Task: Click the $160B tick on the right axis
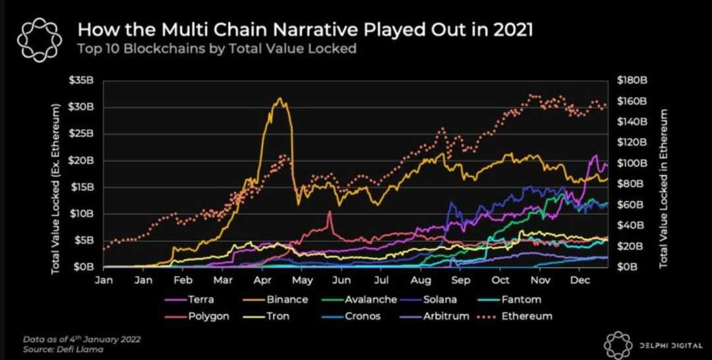click(632, 101)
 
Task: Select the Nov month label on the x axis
click(540, 280)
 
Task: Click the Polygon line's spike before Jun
click(328, 212)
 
